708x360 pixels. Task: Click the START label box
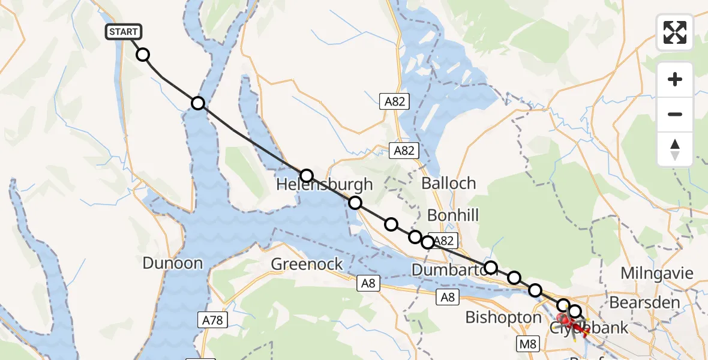tap(124, 32)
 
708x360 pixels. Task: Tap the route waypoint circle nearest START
tap(143, 55)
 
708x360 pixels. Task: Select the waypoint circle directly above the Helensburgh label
tap(307, 175)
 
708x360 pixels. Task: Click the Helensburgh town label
tap(324, 185)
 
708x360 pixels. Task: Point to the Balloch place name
tap(448, 183)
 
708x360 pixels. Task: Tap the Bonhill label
tap(453, 215)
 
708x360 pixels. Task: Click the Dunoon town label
tap(172, 263)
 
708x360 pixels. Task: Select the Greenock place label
tap(307, 264)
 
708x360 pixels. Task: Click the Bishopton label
tap(503, 317)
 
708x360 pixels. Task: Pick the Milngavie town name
tap(656, 273)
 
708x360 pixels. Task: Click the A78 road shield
tap(212, 320)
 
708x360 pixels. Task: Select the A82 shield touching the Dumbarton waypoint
tap(445, 241)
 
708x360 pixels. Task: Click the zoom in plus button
tap(675, 80)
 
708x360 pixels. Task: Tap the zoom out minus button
tap(675, 114)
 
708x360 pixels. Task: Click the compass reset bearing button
tap(675, 149)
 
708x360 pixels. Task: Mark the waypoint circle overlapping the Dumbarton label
tap(491, 268)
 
